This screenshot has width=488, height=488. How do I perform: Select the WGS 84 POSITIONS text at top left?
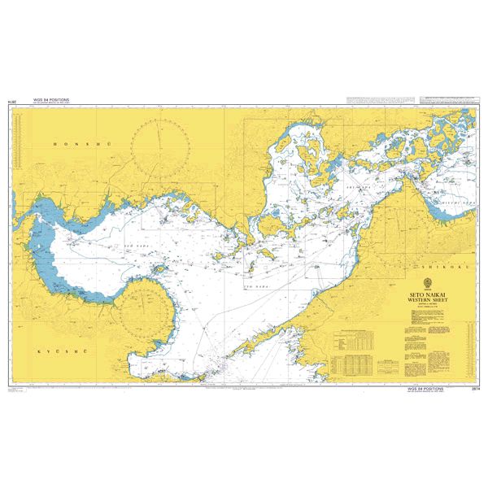point(51,101)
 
